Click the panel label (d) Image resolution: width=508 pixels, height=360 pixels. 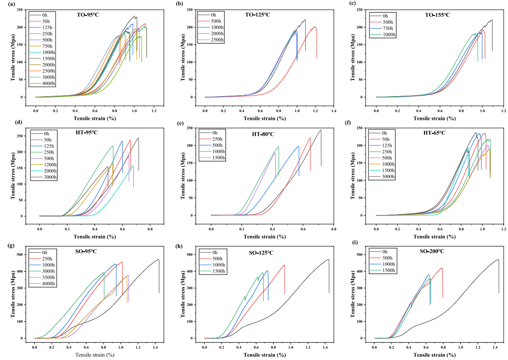pos(7,128)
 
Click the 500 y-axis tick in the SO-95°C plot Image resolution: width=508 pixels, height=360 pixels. pos(22,255)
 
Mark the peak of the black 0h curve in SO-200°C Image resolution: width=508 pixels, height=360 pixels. pos(498,259)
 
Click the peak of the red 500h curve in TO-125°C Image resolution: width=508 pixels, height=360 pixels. pos(314,27)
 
